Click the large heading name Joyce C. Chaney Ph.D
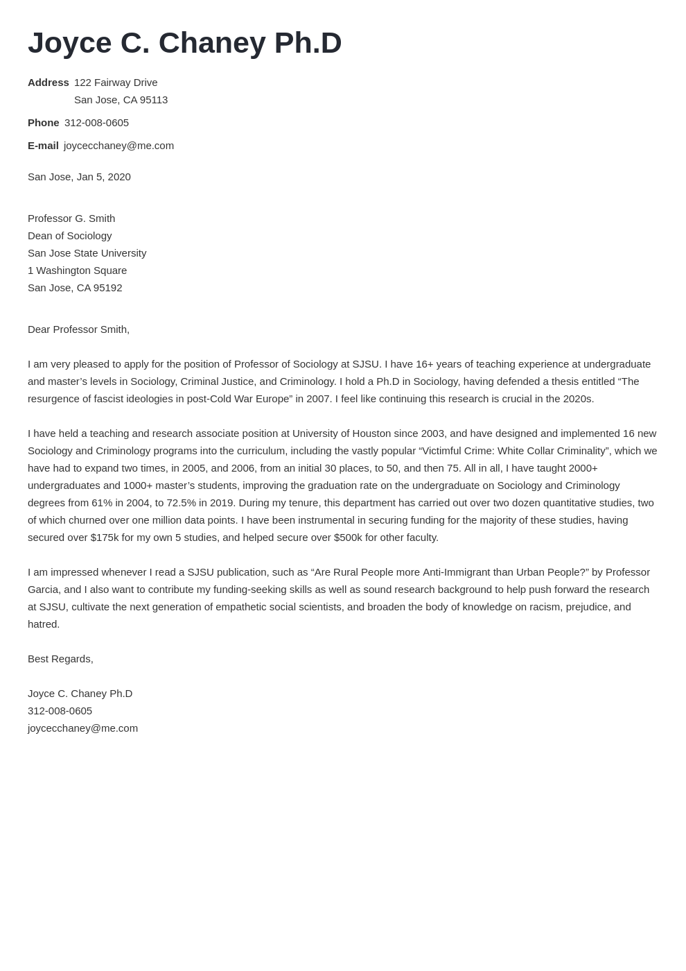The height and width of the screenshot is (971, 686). pos(184,43)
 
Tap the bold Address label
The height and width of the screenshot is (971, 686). pos(48,83)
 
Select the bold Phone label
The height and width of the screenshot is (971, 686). pos(43,123)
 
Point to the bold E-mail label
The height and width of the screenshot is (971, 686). pos(43,146)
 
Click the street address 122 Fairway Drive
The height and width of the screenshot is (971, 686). pos(116,83)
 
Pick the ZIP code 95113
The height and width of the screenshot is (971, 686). pos(153,100)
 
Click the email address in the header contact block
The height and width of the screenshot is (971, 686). pos(118,146)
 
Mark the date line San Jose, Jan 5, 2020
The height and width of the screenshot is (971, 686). pos(79,177)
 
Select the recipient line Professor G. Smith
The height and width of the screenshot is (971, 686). pos(71,218)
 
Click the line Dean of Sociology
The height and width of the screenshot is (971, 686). pos(69,236)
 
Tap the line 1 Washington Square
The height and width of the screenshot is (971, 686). pos(77,270)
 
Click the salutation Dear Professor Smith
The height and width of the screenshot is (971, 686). pos(78,329)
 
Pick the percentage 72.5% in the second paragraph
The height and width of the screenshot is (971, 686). pos(181,503)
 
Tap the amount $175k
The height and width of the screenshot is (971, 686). pos(105,538)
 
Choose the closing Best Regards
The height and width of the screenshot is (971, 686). pos(60,659)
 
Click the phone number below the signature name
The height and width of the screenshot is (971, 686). pos(60,711)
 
